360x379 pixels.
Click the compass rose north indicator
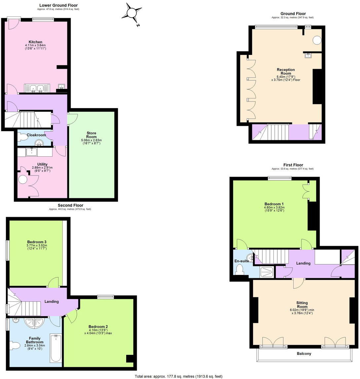pyautogui.click(x=131, y=13)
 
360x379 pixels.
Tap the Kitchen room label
pyautogui.click(x=35, y=42)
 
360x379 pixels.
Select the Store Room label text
pyautogui.click(x=91, y=135)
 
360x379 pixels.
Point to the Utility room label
pyautogui.click(x=42, y=164)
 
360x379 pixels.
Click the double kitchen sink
pyautogui.click(x=37, y=88)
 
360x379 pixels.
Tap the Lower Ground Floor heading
pyautogui.click(x=58, y=5)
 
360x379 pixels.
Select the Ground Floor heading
pyautogui.click(x=293, y=14)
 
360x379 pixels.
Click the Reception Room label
pyautogui.click(x=286, y=71)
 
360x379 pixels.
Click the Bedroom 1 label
pyautogui.click(x=274, y=204)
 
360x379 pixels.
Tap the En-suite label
pyautogui.click(x=242, y=261)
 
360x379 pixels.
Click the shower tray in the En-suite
pyautogui.click(x=266, y=272)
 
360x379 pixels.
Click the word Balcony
pyautogui.click(x=304, y=354)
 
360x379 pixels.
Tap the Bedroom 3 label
pyautogui.click(x=36, y=242)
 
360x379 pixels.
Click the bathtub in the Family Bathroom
pyautogui.click(x=55, y=348)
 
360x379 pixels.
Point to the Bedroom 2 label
pyautogui.click(x=98, y=327)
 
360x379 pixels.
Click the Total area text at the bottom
pyautogui.click(x=178, y=376)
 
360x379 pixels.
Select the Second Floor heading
pyautogui.click(x=70, y=205)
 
